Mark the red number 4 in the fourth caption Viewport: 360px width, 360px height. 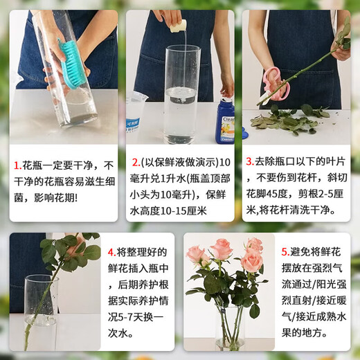[111, 252]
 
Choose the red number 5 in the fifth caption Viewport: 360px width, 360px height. [285, 253]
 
